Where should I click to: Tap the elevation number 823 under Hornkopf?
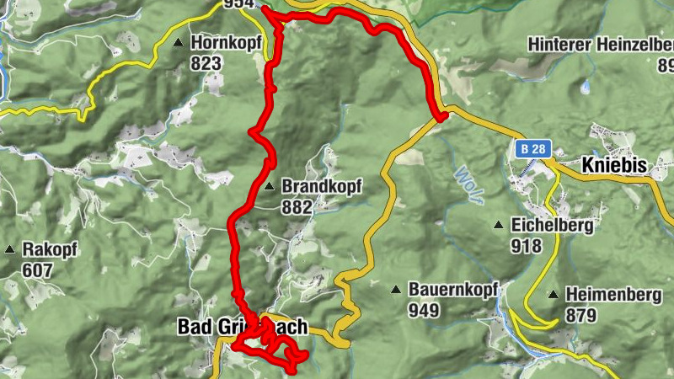pos(206,63)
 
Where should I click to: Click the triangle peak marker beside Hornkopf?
pos(179,43)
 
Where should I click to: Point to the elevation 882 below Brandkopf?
pos(297,206)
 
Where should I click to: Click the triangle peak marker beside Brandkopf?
pos(269,186)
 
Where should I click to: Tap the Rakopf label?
pos(50,250)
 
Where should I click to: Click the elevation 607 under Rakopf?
pos(38,270)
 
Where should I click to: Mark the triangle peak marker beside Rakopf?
pos(10,250)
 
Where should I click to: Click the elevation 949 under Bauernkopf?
pos(424,310)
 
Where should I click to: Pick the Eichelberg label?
pos(552,226)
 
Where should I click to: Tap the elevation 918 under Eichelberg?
pos(526,246)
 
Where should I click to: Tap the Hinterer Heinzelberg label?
pos(601,44)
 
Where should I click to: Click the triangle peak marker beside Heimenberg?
pos(553,295)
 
